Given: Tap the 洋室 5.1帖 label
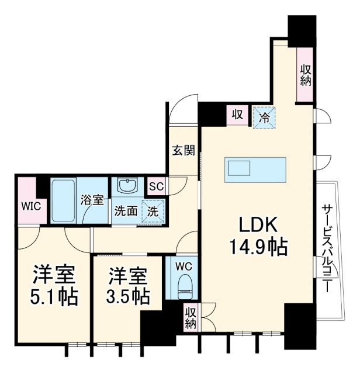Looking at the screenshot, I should point(54,285).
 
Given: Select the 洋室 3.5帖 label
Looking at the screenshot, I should point(126,285).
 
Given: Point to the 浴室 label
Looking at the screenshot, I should point(92,200).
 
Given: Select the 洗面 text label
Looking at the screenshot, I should point(124,211).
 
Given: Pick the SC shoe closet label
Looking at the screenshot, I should point(155,187).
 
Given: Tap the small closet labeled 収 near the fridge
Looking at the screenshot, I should point(237,113).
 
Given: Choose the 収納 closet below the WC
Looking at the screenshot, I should point(191,318).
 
